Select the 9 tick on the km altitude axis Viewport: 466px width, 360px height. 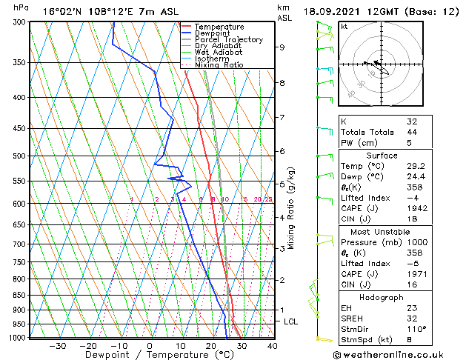282,47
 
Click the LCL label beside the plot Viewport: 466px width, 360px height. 290,321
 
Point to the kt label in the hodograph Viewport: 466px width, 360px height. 344,26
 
